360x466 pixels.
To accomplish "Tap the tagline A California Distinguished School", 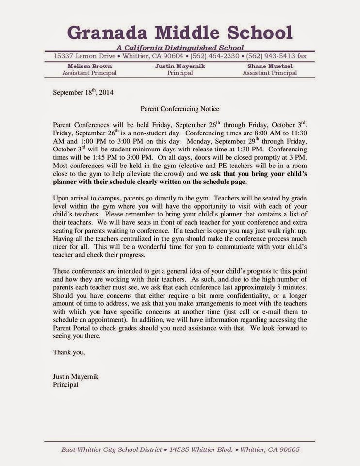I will click(x=180, y=48).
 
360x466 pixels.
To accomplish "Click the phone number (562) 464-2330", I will click(x=215, y=57).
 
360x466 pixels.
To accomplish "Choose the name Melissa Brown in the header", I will click(x=89, y=66).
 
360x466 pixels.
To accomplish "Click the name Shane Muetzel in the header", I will click(x=270, y=66).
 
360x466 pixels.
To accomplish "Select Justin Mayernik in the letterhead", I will click(x=180, y=66).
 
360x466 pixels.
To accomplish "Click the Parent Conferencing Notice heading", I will click(x=180, y=110).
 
